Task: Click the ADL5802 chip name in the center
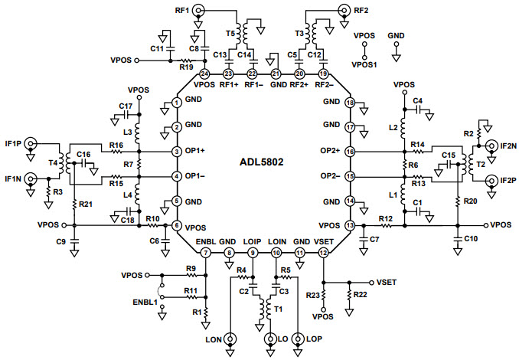[x=261, y=162]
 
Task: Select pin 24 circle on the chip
[x=204, y=74]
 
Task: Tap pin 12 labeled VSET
[x=323, y=252]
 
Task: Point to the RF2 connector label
[x=362, y=10]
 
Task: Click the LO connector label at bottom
[x=281, y=338]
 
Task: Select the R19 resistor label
[x=185, y=67]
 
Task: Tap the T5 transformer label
[x=230, y=34]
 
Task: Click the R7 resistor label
[x=129, y=165]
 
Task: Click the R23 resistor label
[x=312, y=295]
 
